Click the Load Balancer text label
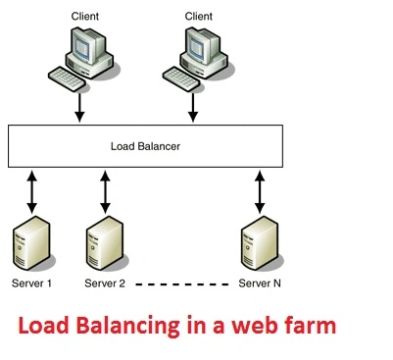coord(145,146)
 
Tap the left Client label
coord(85,16)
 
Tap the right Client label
coord(199,16)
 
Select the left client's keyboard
coord(67,78)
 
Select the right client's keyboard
coord(181,78)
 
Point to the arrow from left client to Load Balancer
coord(79,108)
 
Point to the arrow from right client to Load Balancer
coord(193,108)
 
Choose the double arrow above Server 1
coord(31,191)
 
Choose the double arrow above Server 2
coord(105,191)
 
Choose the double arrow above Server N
coord(260,191)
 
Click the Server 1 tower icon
coord(31,243)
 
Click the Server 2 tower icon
coord(105,243)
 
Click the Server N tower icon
coord(260,243)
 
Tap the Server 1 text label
coord(31,283)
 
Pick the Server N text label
coord(260,283)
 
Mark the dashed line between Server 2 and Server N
coord(182,284)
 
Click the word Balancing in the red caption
coord(127,327)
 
